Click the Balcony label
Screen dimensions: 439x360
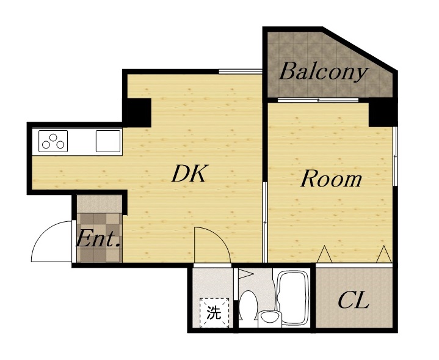(324, 72)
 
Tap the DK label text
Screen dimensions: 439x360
(190, 174)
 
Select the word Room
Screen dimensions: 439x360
(331, 178)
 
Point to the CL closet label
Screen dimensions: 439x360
(354, 300)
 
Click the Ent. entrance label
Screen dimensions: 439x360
(98, 238)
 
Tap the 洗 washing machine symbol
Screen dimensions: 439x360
(214, 312)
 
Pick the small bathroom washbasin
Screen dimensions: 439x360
(269, 318)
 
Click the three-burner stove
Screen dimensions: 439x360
(53, 141)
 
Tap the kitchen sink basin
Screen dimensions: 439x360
(108, 141)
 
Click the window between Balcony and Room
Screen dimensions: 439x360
(318, 100)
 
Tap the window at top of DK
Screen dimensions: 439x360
(240, 72)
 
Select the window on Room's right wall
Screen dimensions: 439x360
(395, 156)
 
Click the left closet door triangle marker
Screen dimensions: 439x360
(324, 254)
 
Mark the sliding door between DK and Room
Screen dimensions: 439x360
(264, 222)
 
